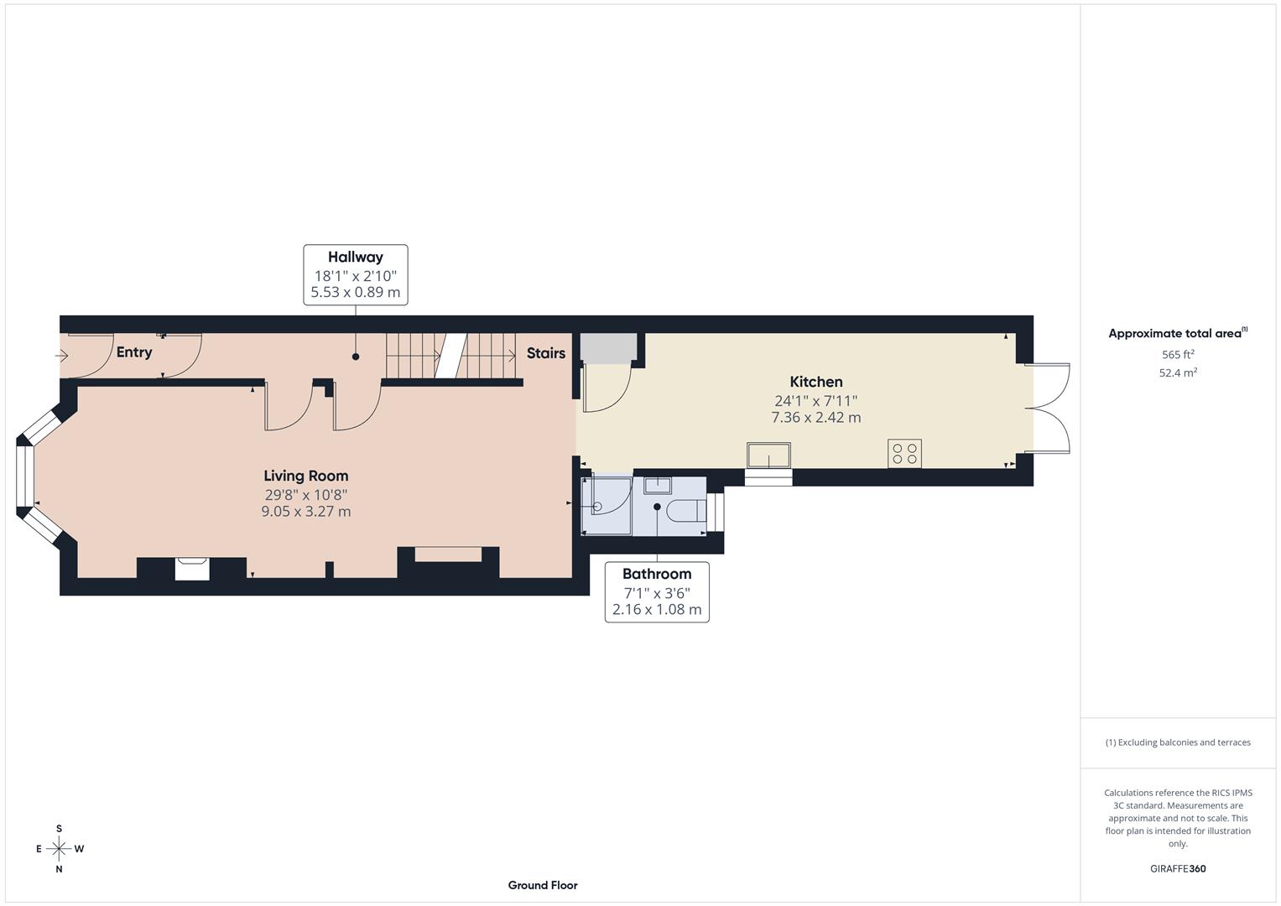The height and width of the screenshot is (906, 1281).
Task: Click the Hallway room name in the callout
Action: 355,258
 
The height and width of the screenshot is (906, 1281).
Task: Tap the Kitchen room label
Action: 815,382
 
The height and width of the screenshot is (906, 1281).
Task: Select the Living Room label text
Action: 305,476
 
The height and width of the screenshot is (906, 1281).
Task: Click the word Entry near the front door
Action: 134,351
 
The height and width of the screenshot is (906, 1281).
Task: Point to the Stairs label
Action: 545,353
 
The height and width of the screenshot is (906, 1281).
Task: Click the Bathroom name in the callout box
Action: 656,574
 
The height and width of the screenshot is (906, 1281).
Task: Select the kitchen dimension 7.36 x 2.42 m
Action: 815,417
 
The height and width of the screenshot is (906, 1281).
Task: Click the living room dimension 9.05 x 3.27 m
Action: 305,511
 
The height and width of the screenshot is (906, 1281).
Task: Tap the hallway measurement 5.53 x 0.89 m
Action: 355,293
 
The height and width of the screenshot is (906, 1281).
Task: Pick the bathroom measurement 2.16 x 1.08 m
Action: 656,609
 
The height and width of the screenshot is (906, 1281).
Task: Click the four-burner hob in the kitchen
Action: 904,454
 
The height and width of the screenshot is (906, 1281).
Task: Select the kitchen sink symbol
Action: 768,456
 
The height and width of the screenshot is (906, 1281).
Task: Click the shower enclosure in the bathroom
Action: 607,506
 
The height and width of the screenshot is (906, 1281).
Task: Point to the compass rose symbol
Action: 59,849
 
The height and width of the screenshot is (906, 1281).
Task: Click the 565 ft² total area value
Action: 1178,355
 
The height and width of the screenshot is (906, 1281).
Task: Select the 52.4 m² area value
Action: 1178,373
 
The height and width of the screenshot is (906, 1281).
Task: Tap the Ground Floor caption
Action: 542,885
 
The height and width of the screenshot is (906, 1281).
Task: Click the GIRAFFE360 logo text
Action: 1178,868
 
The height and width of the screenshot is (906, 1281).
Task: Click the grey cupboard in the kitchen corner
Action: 608,348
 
